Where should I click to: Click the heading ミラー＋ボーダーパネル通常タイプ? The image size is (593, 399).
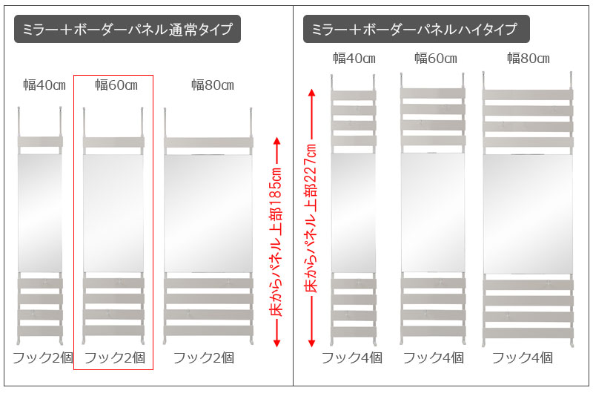pos(127,29)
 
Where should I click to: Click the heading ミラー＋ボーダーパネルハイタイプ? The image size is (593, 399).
pos(414,29)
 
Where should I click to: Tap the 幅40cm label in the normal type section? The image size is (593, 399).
pos(44,85)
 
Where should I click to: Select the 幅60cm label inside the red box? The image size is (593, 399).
pos(116,85)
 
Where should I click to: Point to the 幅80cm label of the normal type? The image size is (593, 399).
pos(213,85)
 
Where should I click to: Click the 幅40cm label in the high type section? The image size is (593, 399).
pos(354,59)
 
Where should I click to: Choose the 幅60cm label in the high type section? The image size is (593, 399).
pos(436,59)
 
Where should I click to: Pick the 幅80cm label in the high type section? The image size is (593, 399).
pos(529,59)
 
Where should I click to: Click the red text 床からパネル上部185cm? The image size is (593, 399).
pos(276,242)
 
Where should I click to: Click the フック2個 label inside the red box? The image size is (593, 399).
pos(115,357)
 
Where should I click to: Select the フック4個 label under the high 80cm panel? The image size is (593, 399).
pos(523,357)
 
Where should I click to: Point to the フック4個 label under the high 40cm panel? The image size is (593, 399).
pos(351,357)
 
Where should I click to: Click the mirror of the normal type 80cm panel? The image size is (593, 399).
pos(208,213)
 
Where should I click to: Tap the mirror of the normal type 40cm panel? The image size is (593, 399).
pos(40,212)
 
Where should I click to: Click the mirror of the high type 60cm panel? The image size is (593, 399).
pos(433,212)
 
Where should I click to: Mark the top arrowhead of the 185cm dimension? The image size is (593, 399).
pos(276,141)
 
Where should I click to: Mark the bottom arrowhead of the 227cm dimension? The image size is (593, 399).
pos(311,343)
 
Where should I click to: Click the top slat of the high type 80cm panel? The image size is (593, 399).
pos(528,95)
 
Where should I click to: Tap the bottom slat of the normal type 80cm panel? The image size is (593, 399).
pos(208,331)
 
